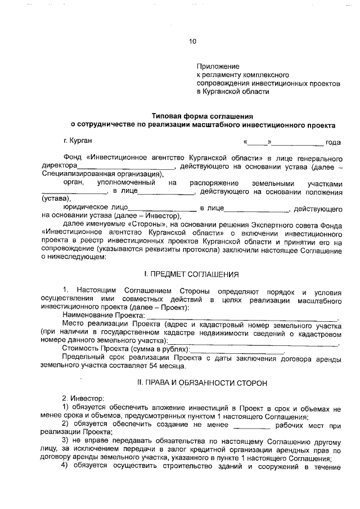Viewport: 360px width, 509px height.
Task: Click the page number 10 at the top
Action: click(193, 41)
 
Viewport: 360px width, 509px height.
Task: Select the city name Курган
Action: click(80, 139)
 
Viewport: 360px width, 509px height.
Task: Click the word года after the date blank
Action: click(334, 142)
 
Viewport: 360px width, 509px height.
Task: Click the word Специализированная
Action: click(72, 174)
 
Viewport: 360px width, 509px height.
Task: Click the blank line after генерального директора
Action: click(127, 167)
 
